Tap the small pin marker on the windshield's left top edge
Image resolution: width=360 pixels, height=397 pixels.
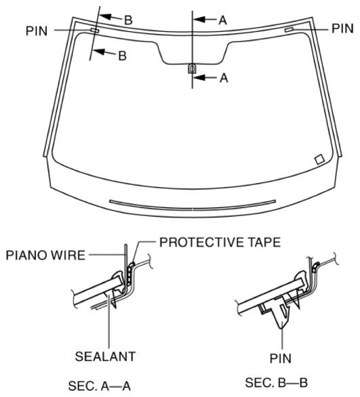(94, 31)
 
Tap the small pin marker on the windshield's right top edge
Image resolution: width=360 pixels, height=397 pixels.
(290, 30)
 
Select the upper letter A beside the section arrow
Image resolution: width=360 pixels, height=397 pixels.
(221, 20)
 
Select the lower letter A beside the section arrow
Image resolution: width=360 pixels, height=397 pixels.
(221, 78)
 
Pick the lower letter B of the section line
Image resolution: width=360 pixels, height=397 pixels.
(122, 56)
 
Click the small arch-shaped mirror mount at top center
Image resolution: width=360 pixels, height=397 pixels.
(193, 68)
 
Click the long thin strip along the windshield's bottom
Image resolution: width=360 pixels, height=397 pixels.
(193, 202)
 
